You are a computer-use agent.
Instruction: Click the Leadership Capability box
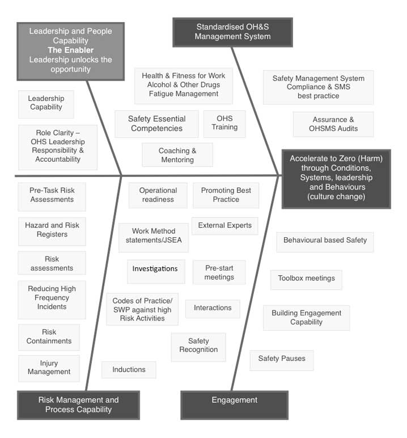[x=46, y=103]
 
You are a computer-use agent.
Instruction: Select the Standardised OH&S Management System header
[x=232, y=32]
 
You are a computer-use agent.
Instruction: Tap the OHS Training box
[x=224, y=123]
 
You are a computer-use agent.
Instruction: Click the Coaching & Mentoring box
[x=177, y=155]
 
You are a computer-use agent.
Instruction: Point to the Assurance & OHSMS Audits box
[x=333, y=124]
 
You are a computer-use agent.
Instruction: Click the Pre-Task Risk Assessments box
[x=52, y=196]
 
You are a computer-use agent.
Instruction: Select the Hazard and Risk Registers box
[x=52, y=230]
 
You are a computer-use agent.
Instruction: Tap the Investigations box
[x=155, y=268]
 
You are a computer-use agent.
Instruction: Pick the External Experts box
[x=224, y=225]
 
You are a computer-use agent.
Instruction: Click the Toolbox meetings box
[x=306, y=279]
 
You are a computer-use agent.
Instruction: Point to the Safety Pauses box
[x=282, y=359]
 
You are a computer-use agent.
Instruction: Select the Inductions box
[x=129, y=369]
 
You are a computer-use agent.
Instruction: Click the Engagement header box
[x=234, y=401]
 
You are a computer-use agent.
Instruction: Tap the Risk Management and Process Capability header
[x=78, y=405]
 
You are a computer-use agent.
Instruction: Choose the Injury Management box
[x=48, y=367]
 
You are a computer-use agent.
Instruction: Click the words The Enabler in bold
[x=71, y=50]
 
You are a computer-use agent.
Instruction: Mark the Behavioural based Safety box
[x=325, y=240]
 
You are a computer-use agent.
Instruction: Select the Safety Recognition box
[x=198, y=346]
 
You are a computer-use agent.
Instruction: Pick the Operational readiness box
[x=158, y=195]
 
